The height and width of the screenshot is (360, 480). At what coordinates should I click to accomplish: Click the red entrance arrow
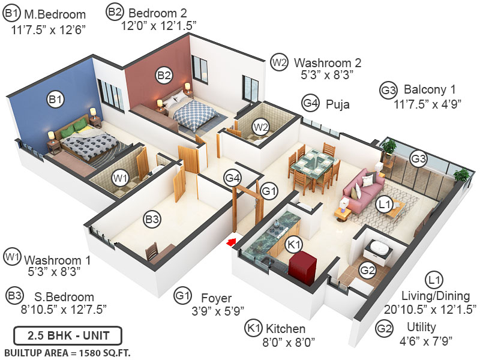click(230, 242)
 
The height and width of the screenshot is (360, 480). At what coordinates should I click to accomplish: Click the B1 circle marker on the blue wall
click(56, 100)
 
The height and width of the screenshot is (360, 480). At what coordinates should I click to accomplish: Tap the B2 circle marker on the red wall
click(164, 75)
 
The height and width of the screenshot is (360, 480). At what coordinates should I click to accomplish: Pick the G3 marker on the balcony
click(418, 158)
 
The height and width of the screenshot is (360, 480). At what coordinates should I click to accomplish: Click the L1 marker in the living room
click(385, 205)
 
